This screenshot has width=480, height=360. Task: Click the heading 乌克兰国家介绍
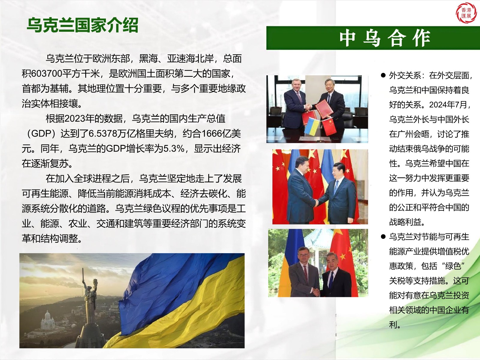coord(82,25)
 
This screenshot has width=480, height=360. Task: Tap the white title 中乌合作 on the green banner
coord(385,38)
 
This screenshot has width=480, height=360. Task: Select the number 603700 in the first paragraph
coord(46,74)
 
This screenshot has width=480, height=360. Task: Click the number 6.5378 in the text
coord(103,133)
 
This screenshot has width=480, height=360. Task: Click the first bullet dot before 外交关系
coord(383,75)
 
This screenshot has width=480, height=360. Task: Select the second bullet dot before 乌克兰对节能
coord(383,237)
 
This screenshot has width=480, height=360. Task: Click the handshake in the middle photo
coord(316,203)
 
